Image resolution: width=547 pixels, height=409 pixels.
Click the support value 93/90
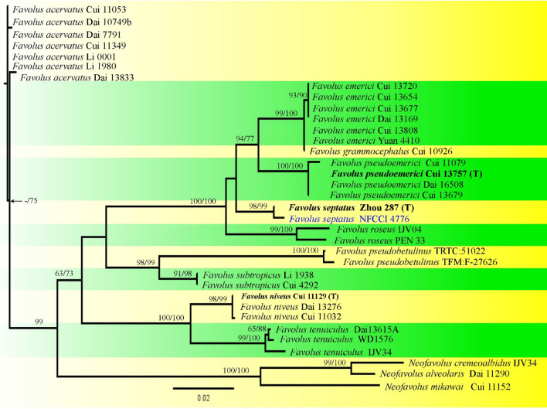(x=297, y=118)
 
